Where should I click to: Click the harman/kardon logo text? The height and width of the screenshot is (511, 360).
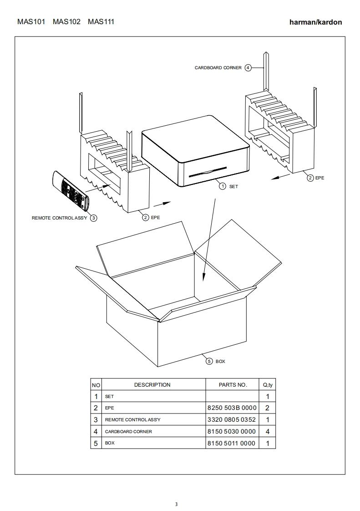tap(316, 22)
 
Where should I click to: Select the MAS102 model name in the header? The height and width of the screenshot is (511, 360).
tap(66, 22)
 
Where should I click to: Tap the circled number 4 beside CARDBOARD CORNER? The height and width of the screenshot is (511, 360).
tap(248, 68)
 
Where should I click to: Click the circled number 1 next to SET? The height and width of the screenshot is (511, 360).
tap(223, 186)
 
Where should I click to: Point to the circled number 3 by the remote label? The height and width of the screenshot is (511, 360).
tap(93, 218)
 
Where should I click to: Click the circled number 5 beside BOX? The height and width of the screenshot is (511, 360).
tap(209, 361)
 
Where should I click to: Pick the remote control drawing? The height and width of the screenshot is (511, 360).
tap(71, 191)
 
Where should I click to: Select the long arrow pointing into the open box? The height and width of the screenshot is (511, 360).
tap(209, 239)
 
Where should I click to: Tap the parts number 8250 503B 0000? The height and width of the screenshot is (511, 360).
tap(232, 408)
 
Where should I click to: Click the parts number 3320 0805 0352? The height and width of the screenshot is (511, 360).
tap(232, 419)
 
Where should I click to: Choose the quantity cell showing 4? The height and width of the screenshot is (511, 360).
tap(268, 431)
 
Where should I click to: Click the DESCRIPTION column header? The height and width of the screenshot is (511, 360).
tap(152, 385)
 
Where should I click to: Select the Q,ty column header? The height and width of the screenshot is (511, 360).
tap(268, 385)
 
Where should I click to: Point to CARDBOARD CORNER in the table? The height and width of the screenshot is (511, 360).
tap(128, 431)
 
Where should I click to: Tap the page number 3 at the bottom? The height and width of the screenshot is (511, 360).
tap(176, 504)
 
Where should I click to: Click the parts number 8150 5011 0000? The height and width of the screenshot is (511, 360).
tap(231, 443)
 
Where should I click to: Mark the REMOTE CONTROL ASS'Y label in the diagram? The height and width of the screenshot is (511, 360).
tap(59, 218)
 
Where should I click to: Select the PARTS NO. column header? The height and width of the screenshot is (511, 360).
tap(233, 385)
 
